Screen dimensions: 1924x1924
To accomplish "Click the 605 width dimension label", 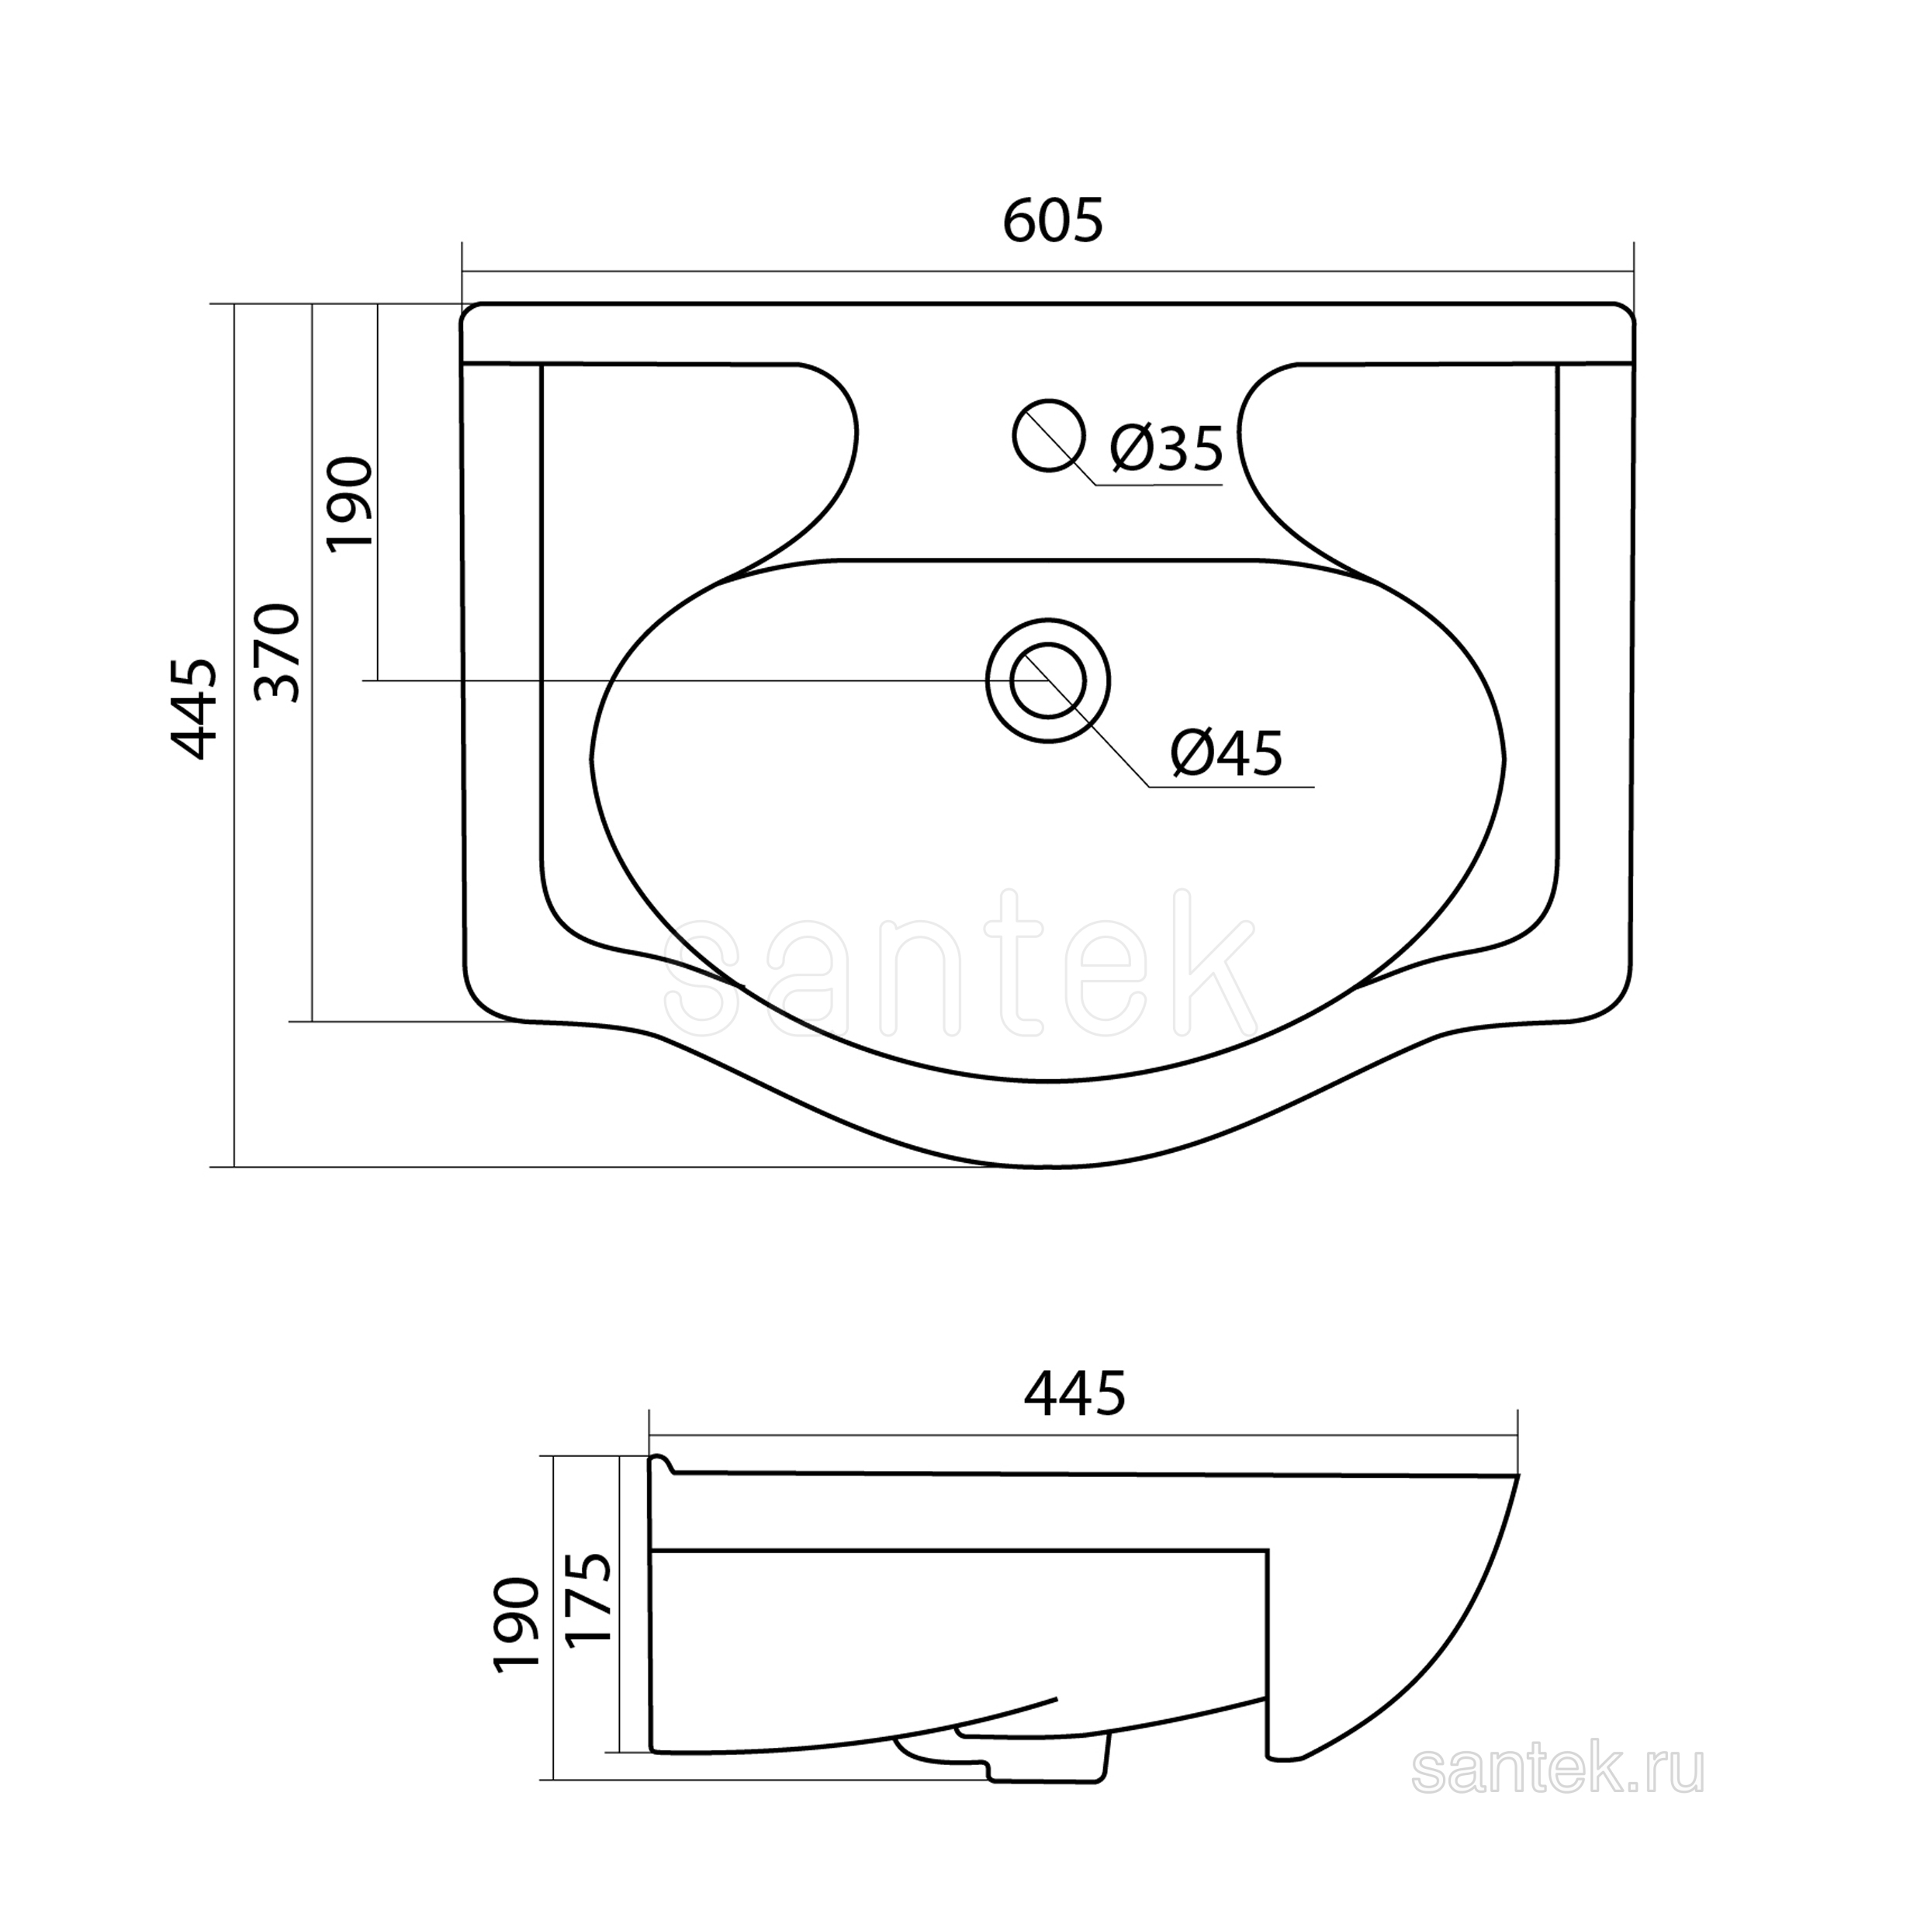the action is pos(1053,221).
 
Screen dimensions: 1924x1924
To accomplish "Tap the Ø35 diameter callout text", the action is pos(1166,448).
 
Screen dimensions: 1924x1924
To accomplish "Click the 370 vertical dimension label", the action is pos(278,652).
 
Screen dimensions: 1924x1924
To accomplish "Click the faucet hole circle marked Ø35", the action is pos(1047,435).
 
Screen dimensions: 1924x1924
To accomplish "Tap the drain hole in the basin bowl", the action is pos(1047,681).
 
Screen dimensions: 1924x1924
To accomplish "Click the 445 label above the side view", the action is pos(1074,1393).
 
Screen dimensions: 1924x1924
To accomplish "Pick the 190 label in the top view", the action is pos(350,502).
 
